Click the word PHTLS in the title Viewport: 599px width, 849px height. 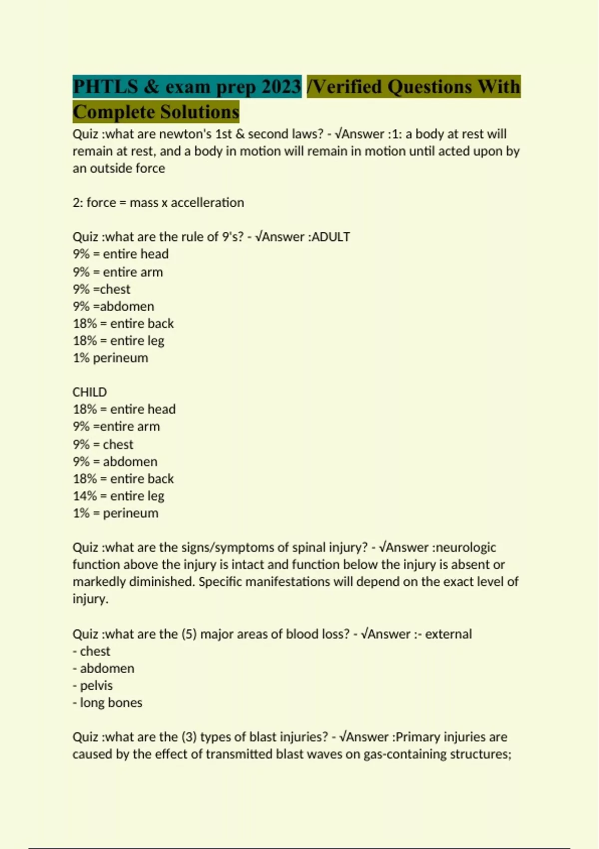pyautogui.click(x=105, y=87)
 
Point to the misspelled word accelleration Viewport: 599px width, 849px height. pyautogui.click(x=207, y=203)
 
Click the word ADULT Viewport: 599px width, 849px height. pyautogui.click(x=330, y=237)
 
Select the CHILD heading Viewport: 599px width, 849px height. pyautogui.click(x=90, y=392)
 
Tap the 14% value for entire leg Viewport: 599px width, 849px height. pyautogui.click(x=84, y=496)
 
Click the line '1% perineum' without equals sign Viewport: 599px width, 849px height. pyautogui.click(x=110, y=358)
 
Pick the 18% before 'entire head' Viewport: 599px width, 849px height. pyautogui.click(x=84, y=410)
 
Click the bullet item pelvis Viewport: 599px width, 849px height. pyautogui.click(x=96, y=686)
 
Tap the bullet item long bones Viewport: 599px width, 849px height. pyautogui.click(x=111, y=703)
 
